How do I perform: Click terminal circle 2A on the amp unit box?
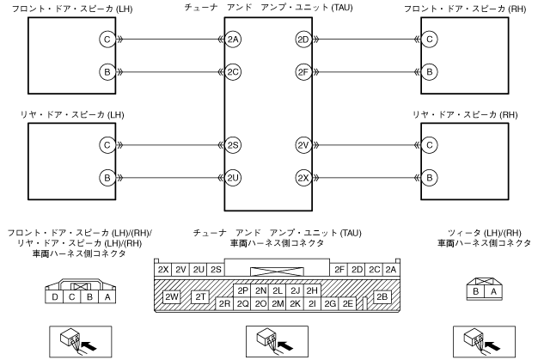pyautogui.click(x=233, y=39)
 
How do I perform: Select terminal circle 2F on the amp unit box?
pyautogui.click(x=303, y=71)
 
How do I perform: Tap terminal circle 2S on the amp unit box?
pyautogui.click(x=233, y=145)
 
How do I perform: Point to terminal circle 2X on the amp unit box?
pyautogui.click(x=303, y=178)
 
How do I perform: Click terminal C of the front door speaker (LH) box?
pyautogui.click(x=107, y=39)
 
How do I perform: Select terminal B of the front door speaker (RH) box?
pyautogui.click(x=430, y=71)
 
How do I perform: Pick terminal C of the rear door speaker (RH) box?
pyautogui.click(x=430, y=145)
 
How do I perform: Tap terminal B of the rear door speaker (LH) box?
pyautogui.click(x=107, y=178)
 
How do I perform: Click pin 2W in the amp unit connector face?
pyautogui.click(x=171, y=296)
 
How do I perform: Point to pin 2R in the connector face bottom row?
pyautogui.click(x=224, y=303)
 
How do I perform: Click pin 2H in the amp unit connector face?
pyautogui.click(x=312, y=290)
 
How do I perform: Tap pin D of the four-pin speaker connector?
pyautogui.click(x=55, y=297)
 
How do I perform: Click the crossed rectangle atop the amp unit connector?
pyautogui.click(x=278, y=270)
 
